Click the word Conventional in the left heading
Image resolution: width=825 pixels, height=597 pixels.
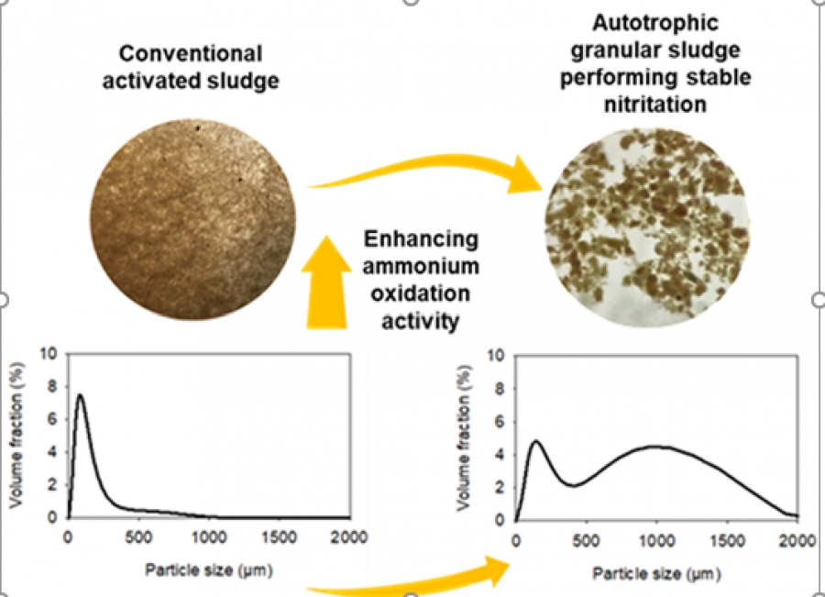point(191,54)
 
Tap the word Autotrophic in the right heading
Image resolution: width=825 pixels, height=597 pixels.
point(655,23)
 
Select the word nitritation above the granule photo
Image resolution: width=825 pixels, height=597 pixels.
point(655,105)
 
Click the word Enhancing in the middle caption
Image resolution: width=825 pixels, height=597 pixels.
point(421,239)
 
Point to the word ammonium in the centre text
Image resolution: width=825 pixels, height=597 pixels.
point(421,266)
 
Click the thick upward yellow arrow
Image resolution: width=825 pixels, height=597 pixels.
point(326,282)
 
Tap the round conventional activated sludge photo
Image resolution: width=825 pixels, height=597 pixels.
point(193,219)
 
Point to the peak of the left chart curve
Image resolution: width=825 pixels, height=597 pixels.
point(80,394)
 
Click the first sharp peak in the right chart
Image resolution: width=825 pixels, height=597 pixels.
point(536,441)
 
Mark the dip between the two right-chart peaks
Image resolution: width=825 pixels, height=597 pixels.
point(574,485)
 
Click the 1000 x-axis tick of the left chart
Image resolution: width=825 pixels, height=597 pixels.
point(209,537)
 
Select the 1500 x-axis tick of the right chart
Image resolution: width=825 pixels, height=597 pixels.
point(727,541)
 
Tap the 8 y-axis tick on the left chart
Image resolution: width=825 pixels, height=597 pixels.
point(52,387)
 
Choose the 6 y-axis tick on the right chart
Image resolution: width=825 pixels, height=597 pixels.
point(500,422)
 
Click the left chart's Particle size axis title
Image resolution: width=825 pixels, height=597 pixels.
point(209,570)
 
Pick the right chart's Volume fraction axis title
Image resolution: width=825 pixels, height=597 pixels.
point(463,437)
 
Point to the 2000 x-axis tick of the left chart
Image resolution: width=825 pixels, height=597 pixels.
point(349,537)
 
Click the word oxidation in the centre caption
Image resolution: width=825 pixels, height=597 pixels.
point(421,293)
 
